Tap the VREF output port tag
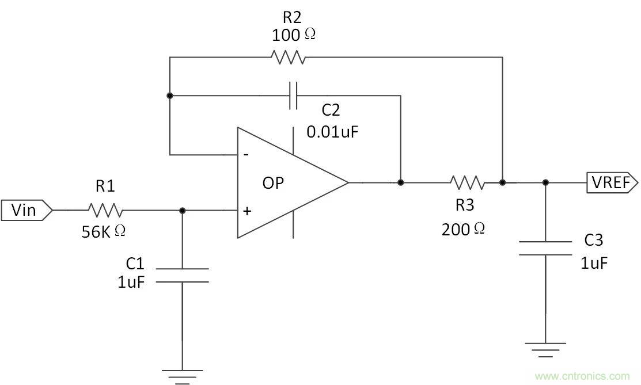tap(612, 183)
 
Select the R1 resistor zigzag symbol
tap(104, 210)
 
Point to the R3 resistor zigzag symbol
tap(467, 183)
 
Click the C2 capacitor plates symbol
tap(293, 96)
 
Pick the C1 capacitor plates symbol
tap(182, 275)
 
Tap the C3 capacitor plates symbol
tap(545, 248)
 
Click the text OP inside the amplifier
tap(274, 183)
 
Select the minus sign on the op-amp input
tap(246, 155)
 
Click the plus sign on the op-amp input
tap(246, 211)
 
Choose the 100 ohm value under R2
tap(293, 35)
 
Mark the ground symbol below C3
tap(545, 347)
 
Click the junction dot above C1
tap(183, 211)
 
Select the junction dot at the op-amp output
tap(400, 183)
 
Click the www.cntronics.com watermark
tap(582, 376)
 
